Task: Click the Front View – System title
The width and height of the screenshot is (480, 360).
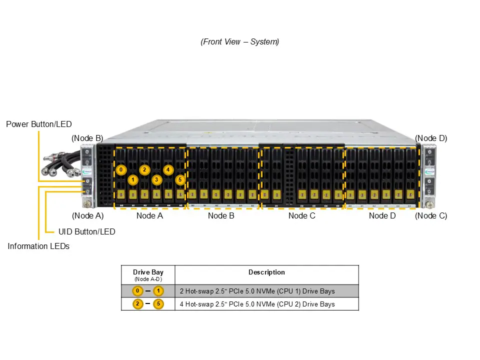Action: pos(240,42)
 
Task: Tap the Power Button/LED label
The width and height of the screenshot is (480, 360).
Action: pos(39,124)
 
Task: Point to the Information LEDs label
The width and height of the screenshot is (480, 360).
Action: pos(38,246)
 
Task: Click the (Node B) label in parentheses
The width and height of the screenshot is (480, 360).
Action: pos(87,138)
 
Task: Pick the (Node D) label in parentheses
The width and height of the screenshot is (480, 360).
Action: pos(431,138)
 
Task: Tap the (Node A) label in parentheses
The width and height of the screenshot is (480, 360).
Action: pos(87,216)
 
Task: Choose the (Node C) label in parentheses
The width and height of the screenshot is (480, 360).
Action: pos(431,216)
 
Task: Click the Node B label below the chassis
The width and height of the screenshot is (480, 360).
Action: pos(221,216)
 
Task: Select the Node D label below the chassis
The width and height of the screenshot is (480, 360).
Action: pos(382,216)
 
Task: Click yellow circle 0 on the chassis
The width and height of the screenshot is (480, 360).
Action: pos(121,169)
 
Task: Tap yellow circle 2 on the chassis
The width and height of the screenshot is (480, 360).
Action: pos(144,169)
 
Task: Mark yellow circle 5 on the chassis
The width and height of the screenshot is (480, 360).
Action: pos(180,179)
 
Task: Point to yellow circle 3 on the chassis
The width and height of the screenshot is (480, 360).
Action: pos(156,179)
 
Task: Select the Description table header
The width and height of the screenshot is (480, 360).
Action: pos(266,272)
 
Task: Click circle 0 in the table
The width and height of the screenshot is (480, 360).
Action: pos(137,291)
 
